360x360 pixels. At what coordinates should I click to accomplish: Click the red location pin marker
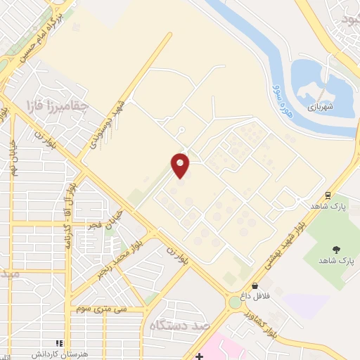[181, 165]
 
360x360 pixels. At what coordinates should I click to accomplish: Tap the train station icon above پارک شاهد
[328, 195]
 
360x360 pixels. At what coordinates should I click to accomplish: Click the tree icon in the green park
[336, 249]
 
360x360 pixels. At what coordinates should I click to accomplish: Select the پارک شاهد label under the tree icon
[336, 261]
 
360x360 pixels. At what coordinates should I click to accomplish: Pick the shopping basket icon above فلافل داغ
[254, 285]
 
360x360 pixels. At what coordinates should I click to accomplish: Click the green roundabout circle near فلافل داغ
[233, 303]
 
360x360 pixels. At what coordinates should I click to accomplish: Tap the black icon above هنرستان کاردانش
[60, 343]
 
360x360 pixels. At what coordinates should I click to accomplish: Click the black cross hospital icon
[200, 356]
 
